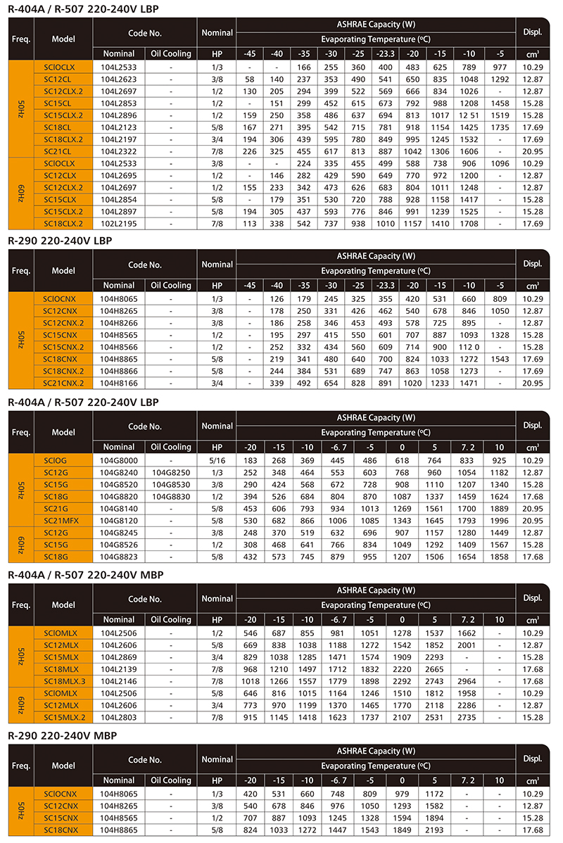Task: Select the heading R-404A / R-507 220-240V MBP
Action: tap(85, 574)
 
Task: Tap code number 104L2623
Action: tap(118, 80)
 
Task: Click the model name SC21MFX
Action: tap(63, 521)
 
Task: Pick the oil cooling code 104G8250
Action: tap(171, 473)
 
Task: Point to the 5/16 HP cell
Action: tap(217, 460)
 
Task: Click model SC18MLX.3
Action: tap(63, 681)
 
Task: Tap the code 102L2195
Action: tap(118, 224)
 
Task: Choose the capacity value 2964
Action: tap(467, 681)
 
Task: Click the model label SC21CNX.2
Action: tap(63, 383)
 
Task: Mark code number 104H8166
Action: tap(118, 383)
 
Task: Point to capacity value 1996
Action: tap(500, 521)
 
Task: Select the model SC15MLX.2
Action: tap(63, 717)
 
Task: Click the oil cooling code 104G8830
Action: tap(171, 497)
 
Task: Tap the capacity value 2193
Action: tap(435, 830)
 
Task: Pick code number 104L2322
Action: tap(118, 151)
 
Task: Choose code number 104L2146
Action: tap(118, 681)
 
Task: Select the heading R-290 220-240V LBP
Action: tap(60, 240)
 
